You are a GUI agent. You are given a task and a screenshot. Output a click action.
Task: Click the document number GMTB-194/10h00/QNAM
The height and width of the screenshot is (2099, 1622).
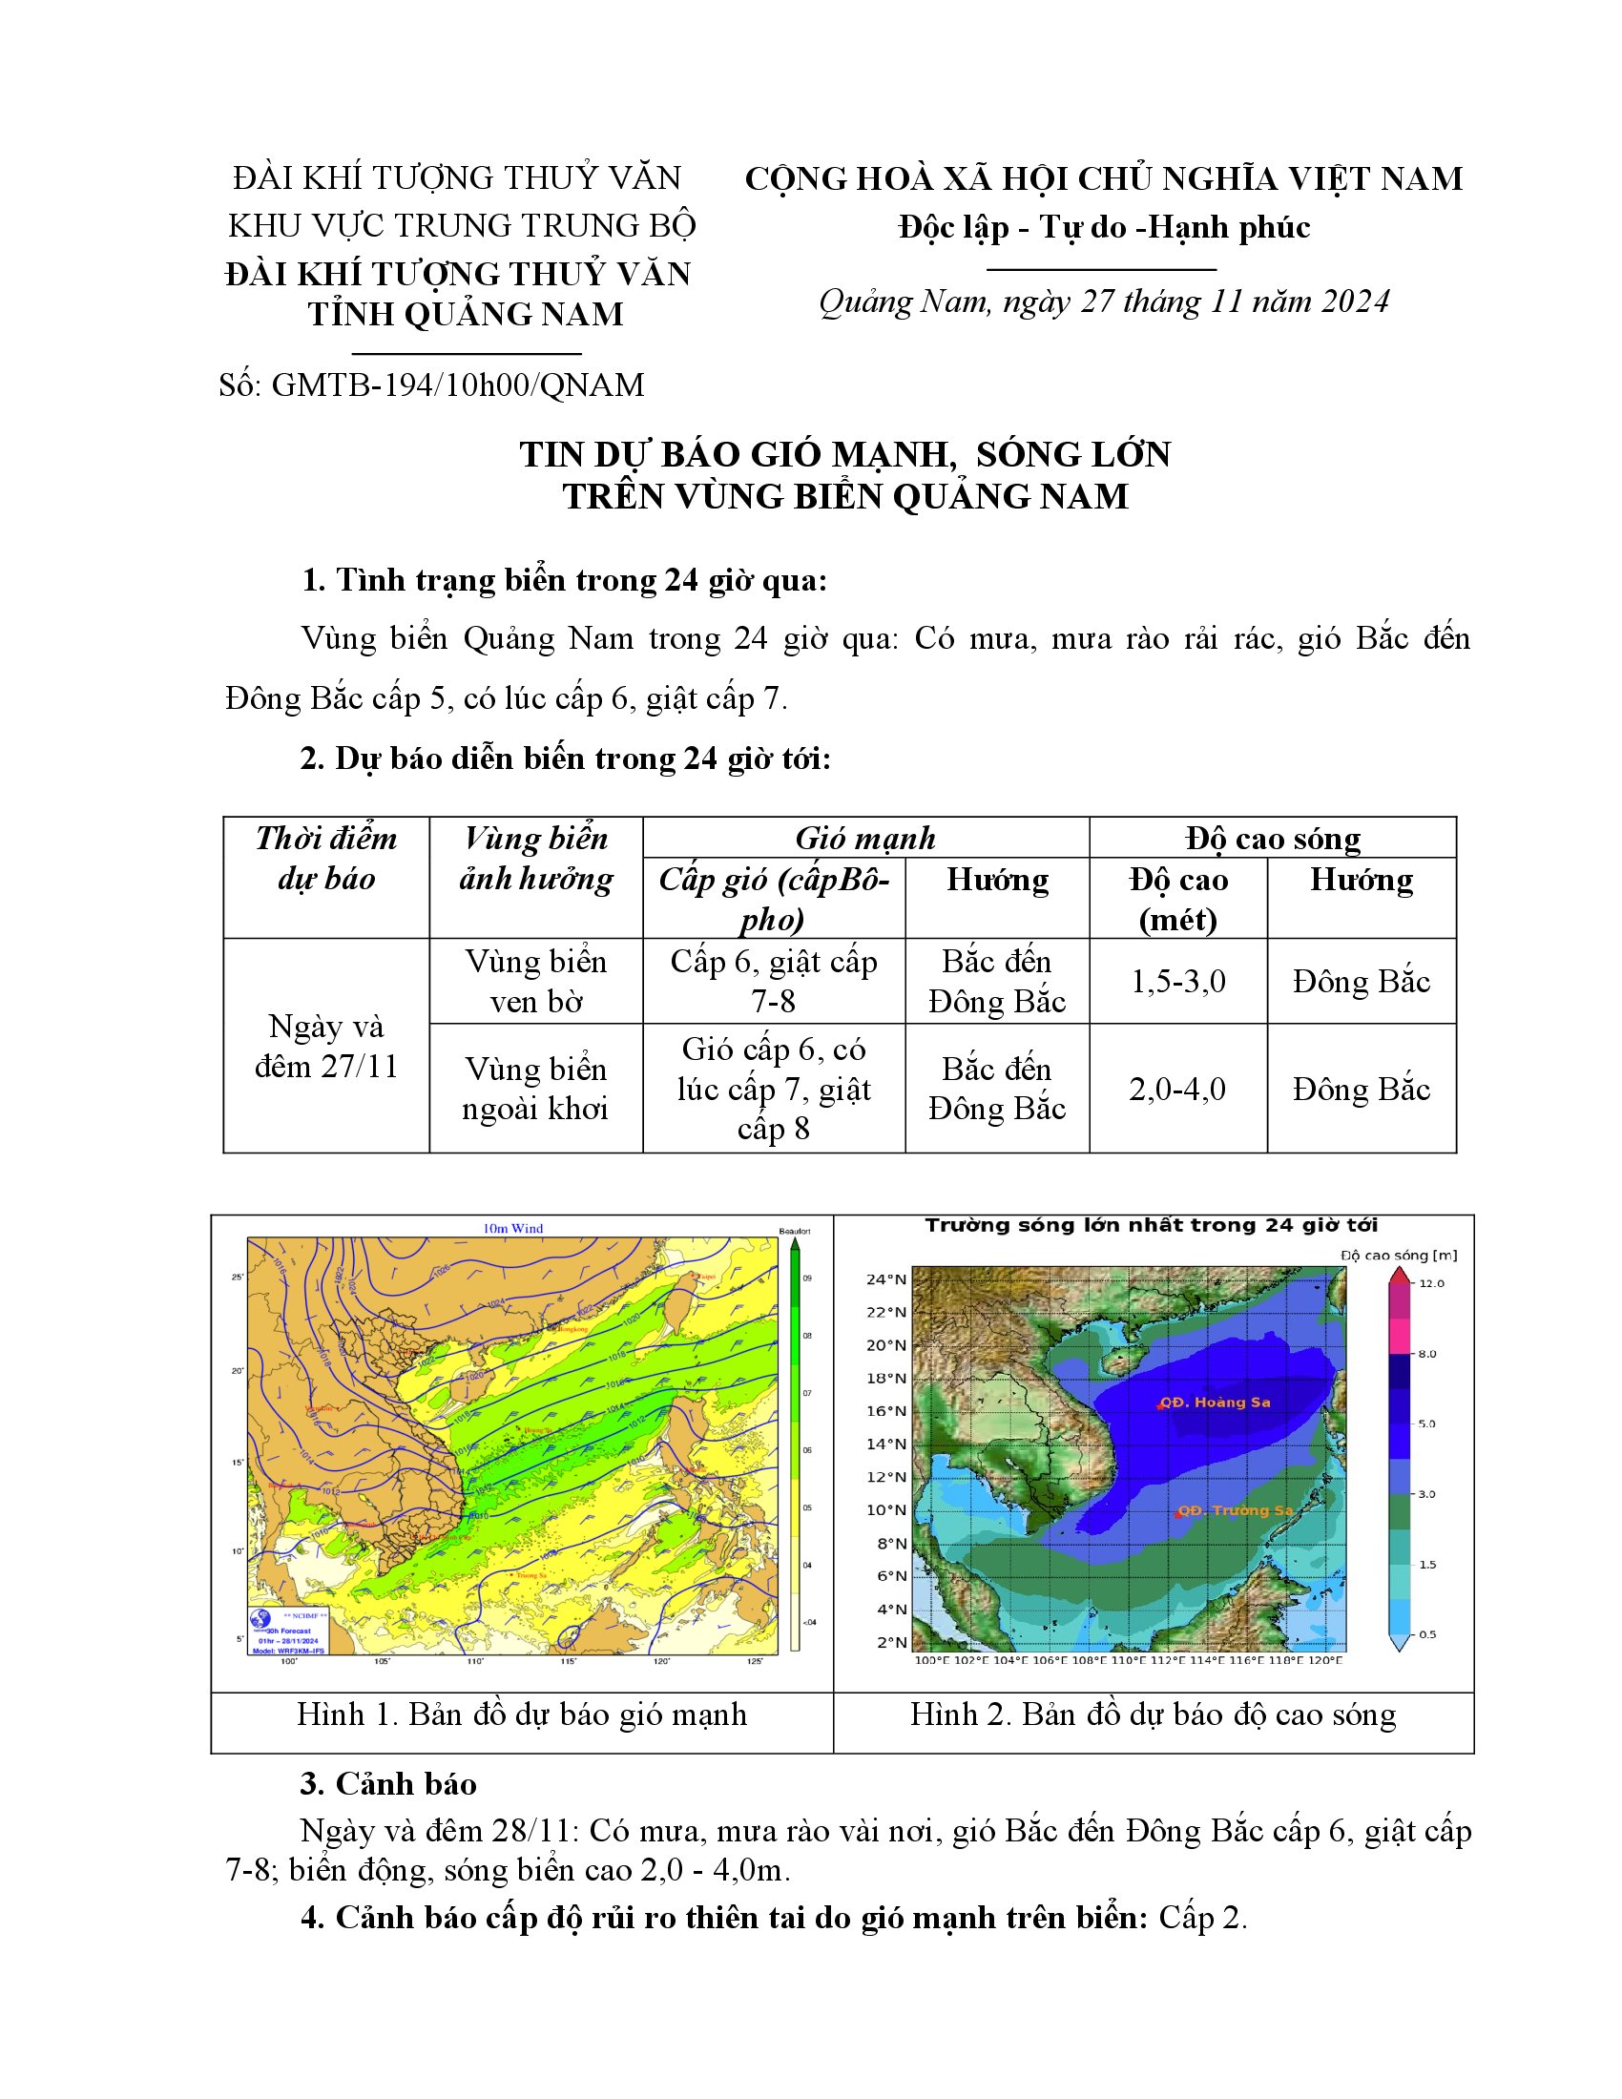pos(430,385)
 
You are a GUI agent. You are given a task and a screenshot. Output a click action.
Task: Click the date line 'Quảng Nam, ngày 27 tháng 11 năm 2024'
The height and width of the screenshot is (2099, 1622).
pos(1104,301)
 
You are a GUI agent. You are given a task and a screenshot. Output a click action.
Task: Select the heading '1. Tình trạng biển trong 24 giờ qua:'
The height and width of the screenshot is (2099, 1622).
pos(564,580)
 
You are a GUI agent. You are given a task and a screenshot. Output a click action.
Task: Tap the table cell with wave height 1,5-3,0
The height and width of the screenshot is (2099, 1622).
pos(1177,981)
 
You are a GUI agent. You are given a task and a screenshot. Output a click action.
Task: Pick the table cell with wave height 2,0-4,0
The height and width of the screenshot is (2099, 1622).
pos(1177,1089)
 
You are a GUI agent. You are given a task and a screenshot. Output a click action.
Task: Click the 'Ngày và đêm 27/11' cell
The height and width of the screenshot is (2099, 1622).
pos(325,1047)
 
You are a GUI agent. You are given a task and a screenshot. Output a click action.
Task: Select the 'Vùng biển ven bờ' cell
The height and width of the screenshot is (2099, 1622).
pos(535,981)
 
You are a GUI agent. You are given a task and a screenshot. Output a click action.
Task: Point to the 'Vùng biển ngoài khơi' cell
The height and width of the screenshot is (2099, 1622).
pos(535,1089)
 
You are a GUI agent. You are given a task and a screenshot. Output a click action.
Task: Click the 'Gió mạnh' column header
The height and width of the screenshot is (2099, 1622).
pos(864,838)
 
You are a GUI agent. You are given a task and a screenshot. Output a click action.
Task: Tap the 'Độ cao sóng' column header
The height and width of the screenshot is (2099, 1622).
pos(1272,838)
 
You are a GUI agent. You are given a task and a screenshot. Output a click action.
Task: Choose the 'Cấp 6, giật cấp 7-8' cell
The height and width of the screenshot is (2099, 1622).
pos(774,981)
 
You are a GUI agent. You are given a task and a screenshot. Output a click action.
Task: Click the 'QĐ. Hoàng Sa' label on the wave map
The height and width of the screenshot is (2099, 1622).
pos(1215,1403)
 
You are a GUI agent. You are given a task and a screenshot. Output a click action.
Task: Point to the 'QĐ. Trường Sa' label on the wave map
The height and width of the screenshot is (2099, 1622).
pos(1235,1510)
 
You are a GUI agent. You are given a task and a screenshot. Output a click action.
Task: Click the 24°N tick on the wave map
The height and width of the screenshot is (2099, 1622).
pos(886,1279)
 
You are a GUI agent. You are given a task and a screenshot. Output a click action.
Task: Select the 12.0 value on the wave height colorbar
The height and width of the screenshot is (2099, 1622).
pos(1431,1283)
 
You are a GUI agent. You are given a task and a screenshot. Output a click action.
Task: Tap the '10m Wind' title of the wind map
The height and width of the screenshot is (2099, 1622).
pos(513,1228)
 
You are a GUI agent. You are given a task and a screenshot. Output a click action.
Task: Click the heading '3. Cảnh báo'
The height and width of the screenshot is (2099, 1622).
pos(388,1784)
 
